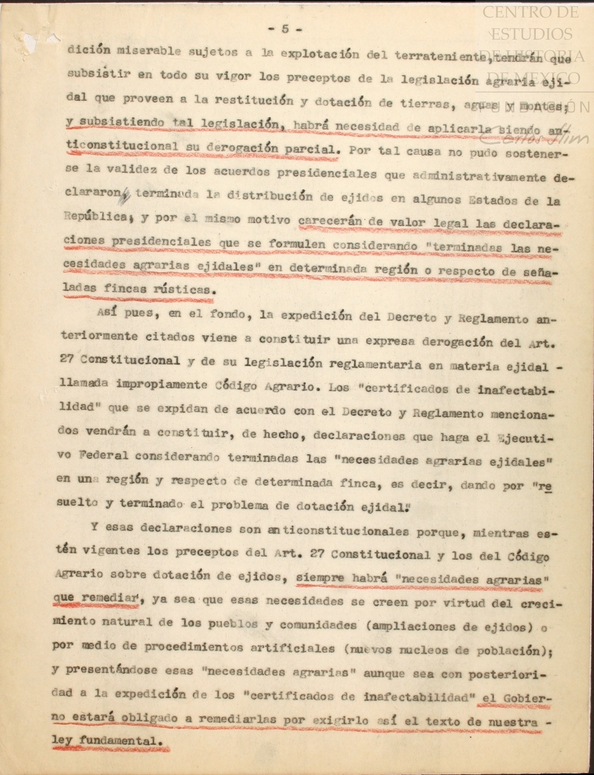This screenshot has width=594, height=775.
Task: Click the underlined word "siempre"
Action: [319, 578]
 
